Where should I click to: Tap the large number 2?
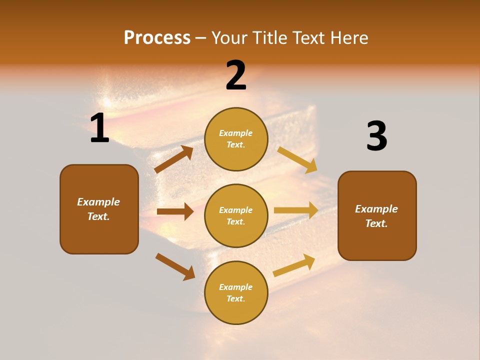point(236,75)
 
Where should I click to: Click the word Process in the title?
point(157,37)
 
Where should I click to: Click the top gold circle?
point(236,139)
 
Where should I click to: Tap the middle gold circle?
point(236,215)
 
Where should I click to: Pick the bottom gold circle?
point(236,292)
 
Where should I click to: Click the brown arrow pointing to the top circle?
point(174,159)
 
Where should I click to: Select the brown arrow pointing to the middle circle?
point(175,211)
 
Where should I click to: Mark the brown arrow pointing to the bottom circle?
point(175,266)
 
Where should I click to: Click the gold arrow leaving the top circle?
point(297,159)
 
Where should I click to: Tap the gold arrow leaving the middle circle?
point(296,210)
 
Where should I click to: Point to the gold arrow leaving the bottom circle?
point(294,265)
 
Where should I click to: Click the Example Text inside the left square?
point(98,209)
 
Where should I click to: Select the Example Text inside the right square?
point(376,216)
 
